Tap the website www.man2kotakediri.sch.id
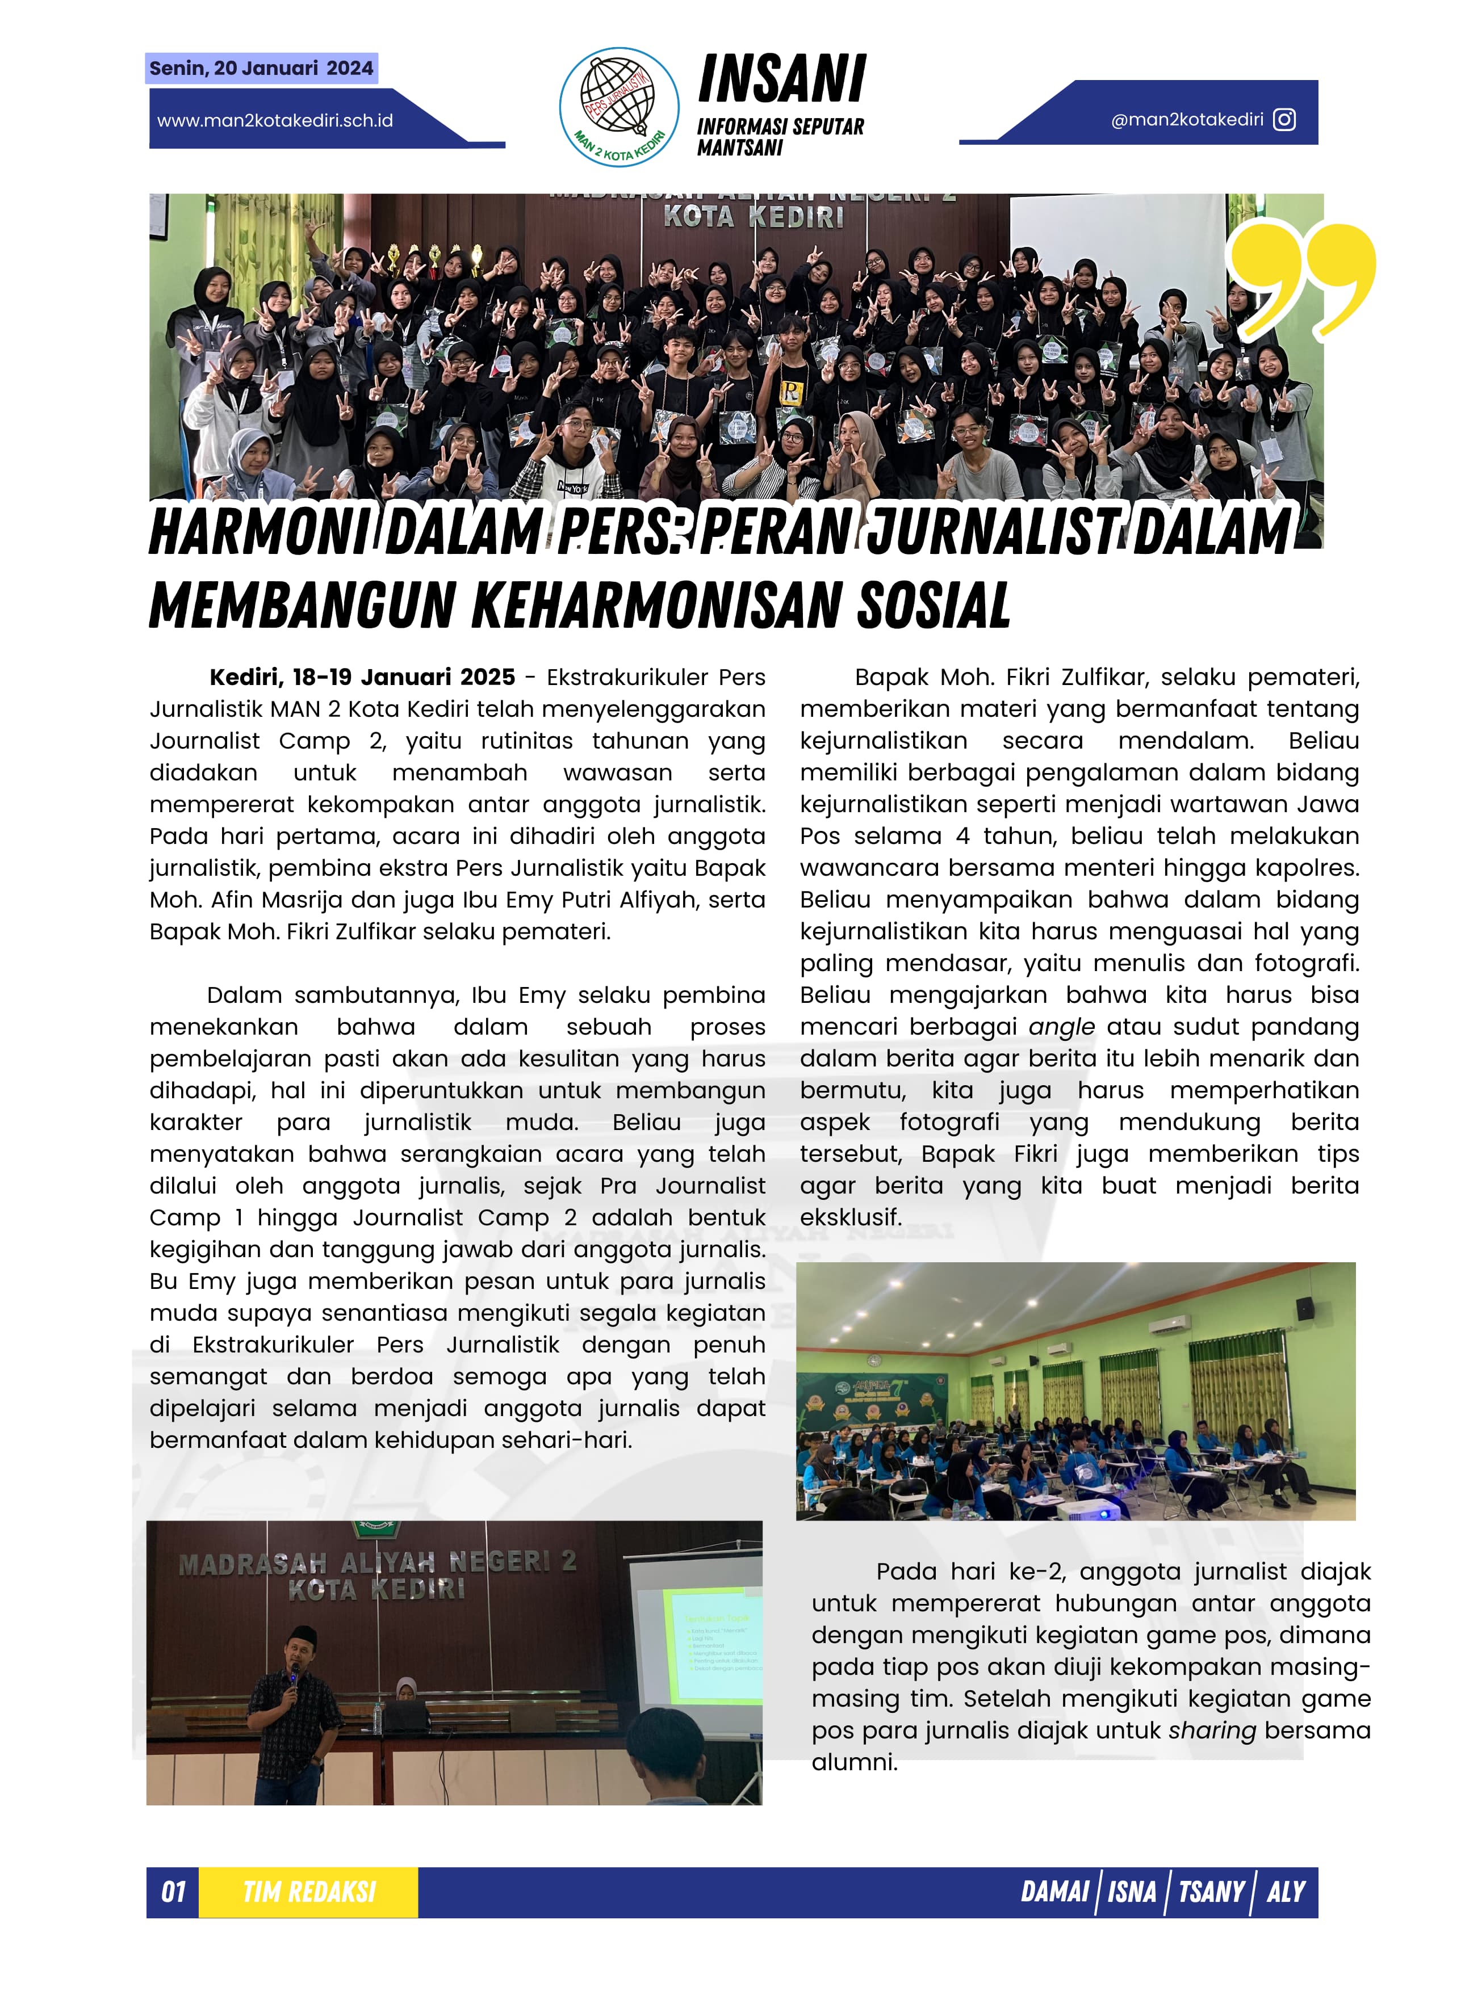pyautogui.click(x=275, y=120)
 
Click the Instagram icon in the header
pyautogui.click(x=1284, y=120)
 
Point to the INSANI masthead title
pyautogui.click(x=781, y=80)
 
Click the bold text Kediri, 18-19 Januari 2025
pyautogui.click(x=362, y=677)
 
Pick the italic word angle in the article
pyautogui.click(x=1061, y=1027)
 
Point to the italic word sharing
pyautogui.click(x=1211, y=1730)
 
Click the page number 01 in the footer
pyautogui.click(x=173, y=1893)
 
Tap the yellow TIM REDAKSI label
pyautogui.click(x=308, y=1893)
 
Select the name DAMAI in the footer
pyautogui.click(x=1054, y=1893)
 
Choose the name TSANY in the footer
pyautogui.click(x=1211, y=1893)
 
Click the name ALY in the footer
pyautogui.click(x=1285, y=1893)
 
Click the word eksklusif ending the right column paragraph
pyautogui.click(x=851, y=1217)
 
